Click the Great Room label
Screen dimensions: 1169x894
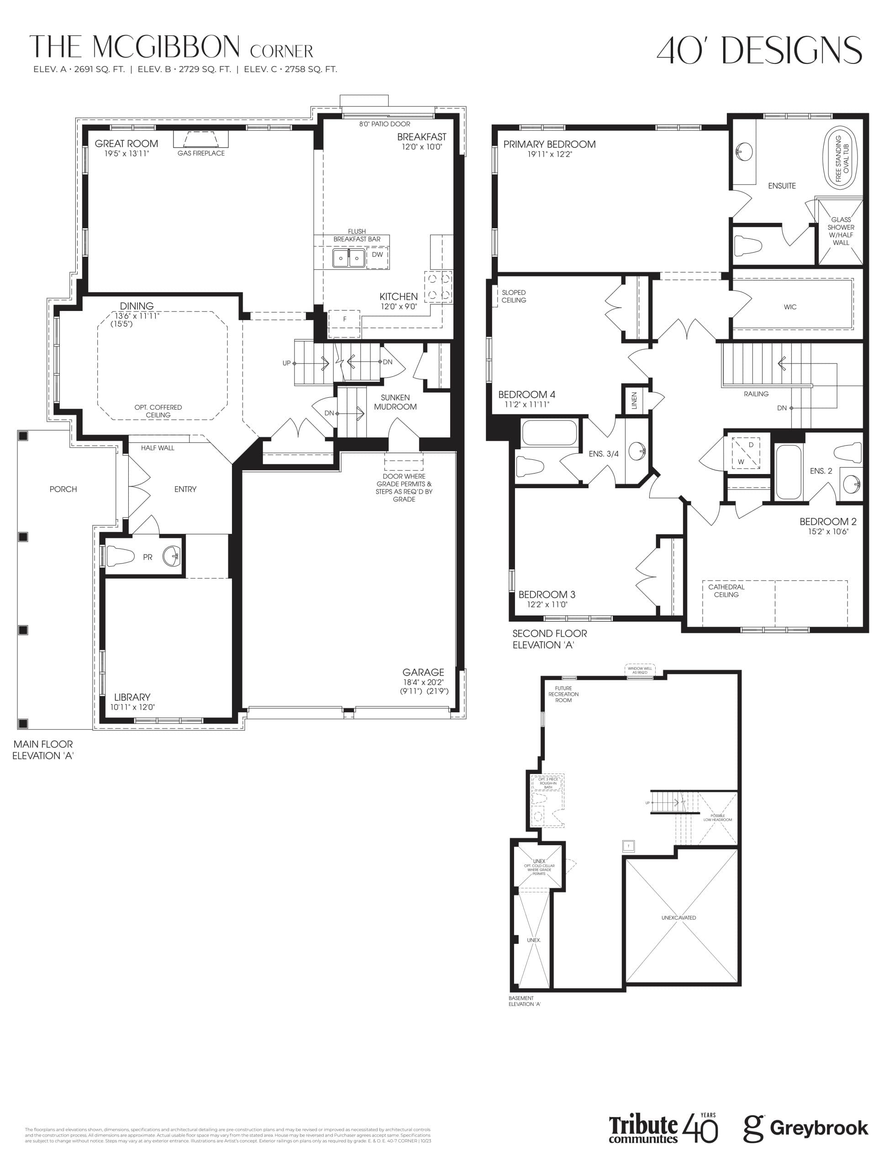[126, 144]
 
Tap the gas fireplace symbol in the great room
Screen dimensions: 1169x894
[200, 139]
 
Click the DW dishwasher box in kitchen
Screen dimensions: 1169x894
[377, 255]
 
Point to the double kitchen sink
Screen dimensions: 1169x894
[348, 258]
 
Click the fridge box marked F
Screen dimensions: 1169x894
[344, 319]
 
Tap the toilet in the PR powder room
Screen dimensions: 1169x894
[120, 557]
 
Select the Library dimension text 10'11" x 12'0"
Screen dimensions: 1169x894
[132, 707]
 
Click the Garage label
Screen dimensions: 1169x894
[423, 672]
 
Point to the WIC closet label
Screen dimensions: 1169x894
[790, 307]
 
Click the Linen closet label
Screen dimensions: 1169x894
[634, 400]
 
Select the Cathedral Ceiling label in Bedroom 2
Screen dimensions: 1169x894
[726, 590]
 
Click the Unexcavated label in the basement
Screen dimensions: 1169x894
[678, 918]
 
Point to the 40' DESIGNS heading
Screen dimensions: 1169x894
[759, 51]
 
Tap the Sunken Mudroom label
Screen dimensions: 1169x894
[395, 402]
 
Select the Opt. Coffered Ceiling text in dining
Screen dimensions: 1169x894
[158, 411]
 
